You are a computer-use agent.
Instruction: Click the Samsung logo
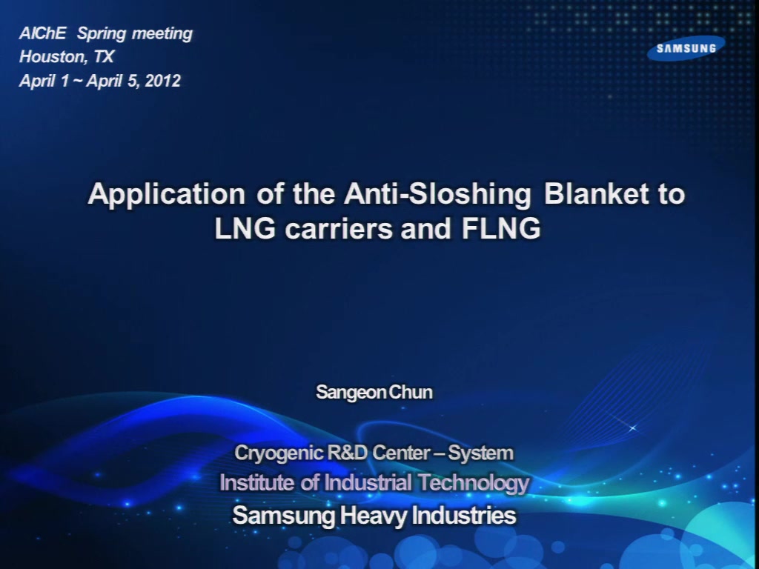tap(686, 48)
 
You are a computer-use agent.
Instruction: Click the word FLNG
tap(500, 229)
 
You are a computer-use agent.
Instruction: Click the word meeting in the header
tap(162, 34)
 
